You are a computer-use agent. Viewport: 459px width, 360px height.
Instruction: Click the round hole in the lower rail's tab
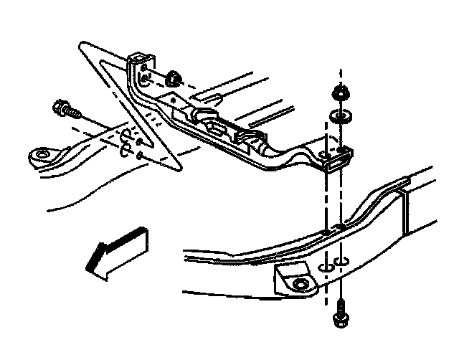point(300,285)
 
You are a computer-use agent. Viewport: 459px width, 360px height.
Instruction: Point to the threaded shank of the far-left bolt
point(75,113)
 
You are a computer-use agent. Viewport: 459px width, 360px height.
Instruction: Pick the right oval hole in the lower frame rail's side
point(343,260)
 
